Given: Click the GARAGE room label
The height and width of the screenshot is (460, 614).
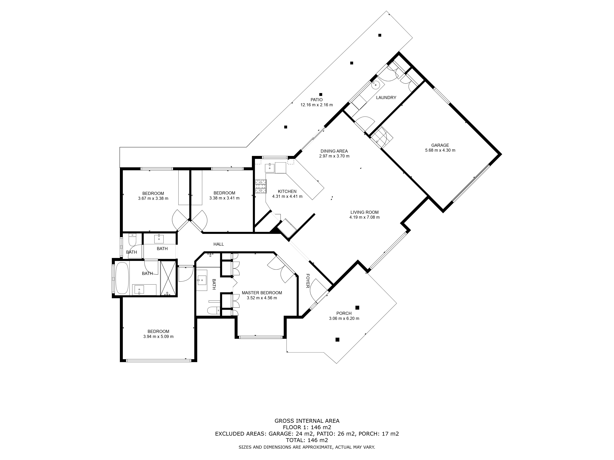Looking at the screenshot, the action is (440, 145).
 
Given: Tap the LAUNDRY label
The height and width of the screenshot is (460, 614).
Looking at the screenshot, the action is (386, 98).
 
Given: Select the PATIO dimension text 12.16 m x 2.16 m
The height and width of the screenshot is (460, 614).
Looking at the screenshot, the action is (316, 105).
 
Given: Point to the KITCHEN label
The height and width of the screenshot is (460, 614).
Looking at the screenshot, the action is (287, 191).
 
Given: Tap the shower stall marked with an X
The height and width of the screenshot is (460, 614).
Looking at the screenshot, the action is (168, 278).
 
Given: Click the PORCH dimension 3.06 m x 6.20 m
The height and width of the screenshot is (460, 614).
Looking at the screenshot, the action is (344, 318).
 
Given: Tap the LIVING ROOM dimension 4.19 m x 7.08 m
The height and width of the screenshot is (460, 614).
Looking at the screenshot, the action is (364, 217).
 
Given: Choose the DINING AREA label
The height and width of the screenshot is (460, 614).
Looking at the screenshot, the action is (334, 151).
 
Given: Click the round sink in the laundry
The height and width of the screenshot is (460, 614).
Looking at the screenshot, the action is (376, 85).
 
